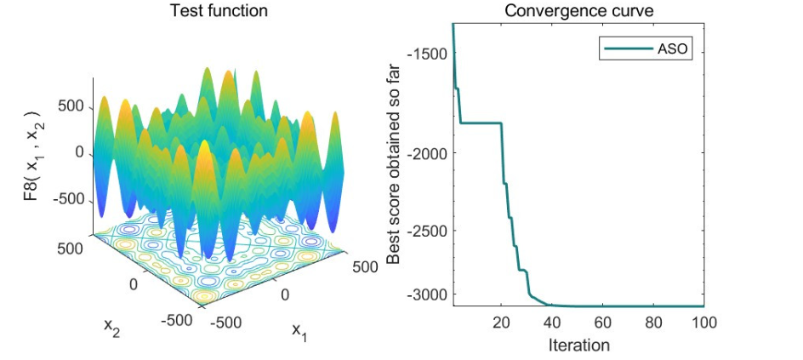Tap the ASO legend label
(x=671, y=49)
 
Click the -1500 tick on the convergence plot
(x=429, y=54)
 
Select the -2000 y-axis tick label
(x=429, y=152)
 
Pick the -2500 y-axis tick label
(x=429, y=230)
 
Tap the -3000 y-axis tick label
(x=429, y=294)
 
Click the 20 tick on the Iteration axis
(x=501, y=323)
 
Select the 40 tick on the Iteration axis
(x=551, y=323)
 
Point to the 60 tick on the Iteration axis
(x=602, y=323)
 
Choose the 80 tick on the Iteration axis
(x=653, y=323)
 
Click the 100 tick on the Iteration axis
(x=703, y=323)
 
